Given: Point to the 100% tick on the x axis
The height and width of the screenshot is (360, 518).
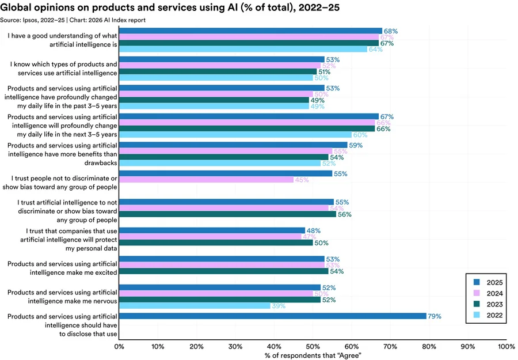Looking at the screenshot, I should [506, 347].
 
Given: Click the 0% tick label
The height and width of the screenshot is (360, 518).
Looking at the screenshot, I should [119, 347].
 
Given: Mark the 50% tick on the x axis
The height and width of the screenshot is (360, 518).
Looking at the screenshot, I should [313, 347].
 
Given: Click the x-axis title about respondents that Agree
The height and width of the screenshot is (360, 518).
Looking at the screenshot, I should [313, 356].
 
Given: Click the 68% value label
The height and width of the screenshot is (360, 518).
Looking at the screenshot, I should [391, 31].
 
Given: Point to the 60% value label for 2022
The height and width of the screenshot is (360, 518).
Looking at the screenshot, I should [360, 135].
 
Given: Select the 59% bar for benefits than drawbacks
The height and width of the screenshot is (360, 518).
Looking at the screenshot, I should [233, 145].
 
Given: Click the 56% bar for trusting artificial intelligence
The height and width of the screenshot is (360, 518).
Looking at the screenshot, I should [227, 214].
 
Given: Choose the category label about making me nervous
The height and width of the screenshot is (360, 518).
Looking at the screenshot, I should [63, 297].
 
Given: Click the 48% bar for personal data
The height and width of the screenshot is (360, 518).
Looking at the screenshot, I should [212, 230].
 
